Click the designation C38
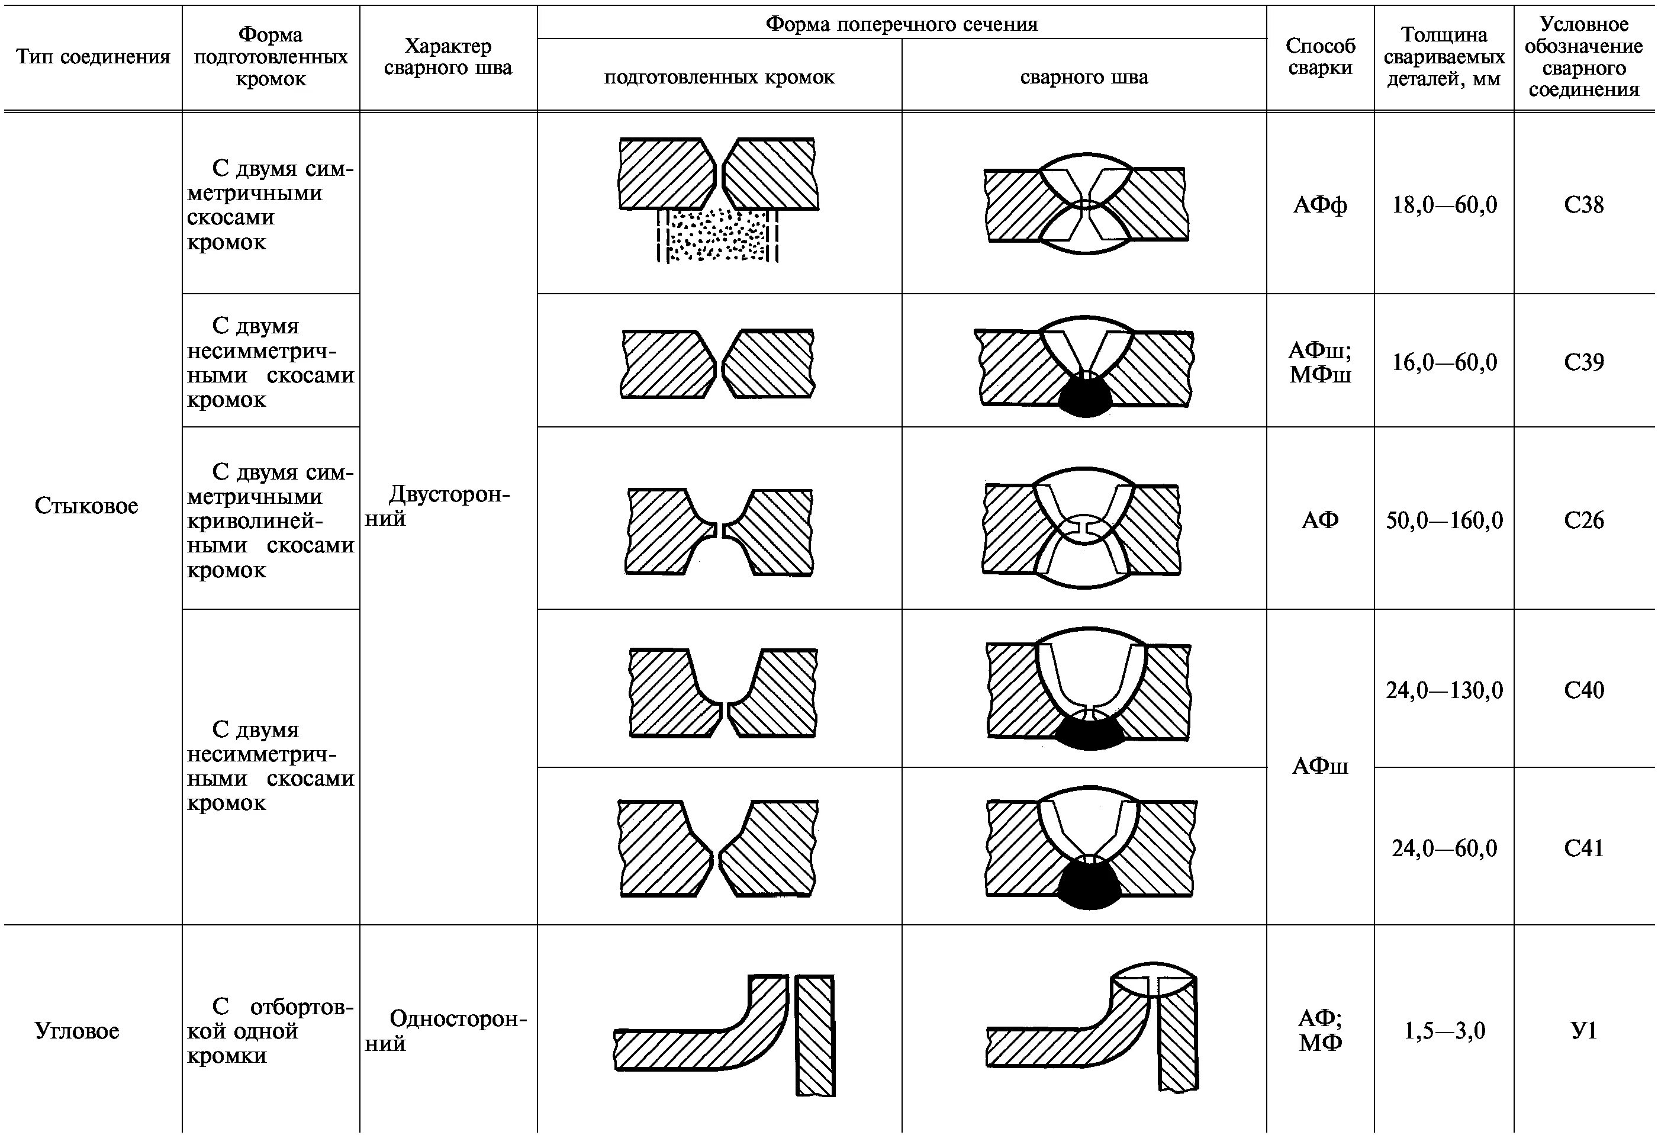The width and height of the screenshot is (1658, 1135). click(1583, 205)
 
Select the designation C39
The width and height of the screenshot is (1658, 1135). click(1583, 362)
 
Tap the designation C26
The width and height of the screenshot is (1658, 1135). click(1583, 520)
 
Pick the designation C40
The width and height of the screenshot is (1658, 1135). click(1583, 690)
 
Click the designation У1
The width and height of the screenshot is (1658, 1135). click(1583, 1031)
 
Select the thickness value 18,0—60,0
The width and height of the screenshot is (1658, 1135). click(1444, 205)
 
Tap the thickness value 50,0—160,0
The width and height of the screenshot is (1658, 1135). click(1444, 520)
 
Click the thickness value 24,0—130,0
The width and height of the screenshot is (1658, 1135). click(1444, 690)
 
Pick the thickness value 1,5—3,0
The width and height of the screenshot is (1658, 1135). click(1444, 1031)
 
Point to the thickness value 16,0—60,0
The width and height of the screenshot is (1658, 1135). click(1444, 362)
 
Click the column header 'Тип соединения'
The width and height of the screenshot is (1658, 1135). click(93, 57)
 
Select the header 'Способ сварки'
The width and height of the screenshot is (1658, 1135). click(1320, 57)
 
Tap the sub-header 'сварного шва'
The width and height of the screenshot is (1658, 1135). click(1084, 77)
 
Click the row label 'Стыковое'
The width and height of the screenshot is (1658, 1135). click(86, 506)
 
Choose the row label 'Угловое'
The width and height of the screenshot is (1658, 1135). click(77, 1031)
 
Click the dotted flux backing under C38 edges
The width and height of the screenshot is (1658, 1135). click(717, 236)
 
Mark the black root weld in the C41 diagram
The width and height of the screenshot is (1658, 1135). click(1087, 885)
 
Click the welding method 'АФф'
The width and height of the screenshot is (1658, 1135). click(1320, 205)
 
